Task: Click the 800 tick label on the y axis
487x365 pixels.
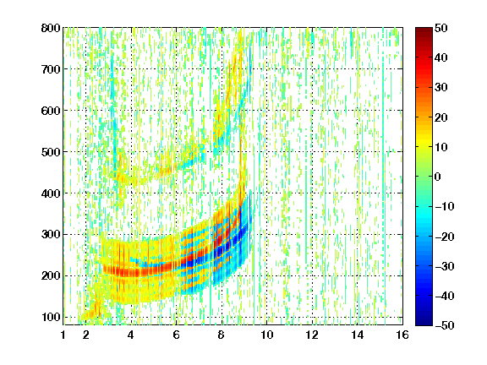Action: (51, 28)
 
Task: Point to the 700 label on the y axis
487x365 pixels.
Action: (51, 69)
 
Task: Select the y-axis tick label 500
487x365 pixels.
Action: (51, 152)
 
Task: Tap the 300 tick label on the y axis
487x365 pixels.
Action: (51, 235)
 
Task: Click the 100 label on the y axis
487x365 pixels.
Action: (51, 317)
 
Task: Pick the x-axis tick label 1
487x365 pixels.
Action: (63, 335)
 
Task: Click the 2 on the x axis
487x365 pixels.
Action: (86, 335)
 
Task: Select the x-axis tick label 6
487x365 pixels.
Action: (177, 335)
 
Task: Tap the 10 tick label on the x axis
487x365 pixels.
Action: (267, 335)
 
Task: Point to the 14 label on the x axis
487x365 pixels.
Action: (358, 335)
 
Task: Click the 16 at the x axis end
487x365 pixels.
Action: (402, 335)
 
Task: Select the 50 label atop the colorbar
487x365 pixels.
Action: (441, 28)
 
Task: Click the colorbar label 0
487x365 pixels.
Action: (438, 177)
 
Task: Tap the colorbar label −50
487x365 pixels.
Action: (445, 325)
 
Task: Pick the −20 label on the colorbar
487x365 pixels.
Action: (445, 237)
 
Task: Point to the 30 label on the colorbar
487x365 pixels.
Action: (441, 88)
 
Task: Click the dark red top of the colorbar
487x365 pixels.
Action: (424, 31)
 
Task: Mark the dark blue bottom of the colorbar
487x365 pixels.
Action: (424, 322)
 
